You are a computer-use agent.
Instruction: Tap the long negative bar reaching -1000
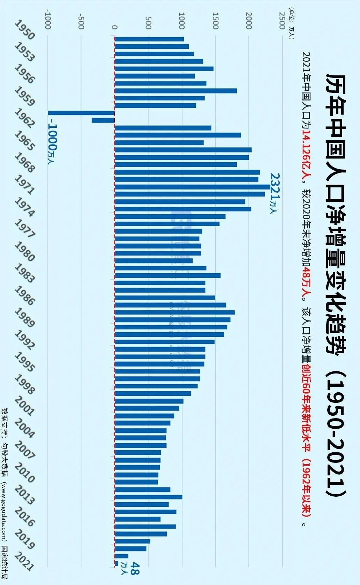(81, 113)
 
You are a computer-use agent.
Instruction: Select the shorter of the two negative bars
(103, 120)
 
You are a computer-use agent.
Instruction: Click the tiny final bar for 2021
(116, 563)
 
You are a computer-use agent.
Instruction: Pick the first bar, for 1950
(149, 39)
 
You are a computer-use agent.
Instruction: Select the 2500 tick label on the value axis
(282, 21)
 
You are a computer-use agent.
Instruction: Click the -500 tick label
(81, 21)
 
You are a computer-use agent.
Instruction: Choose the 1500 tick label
(215, 21)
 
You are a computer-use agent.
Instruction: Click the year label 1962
(24, 119)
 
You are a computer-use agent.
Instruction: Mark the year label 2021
(24, 561)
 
